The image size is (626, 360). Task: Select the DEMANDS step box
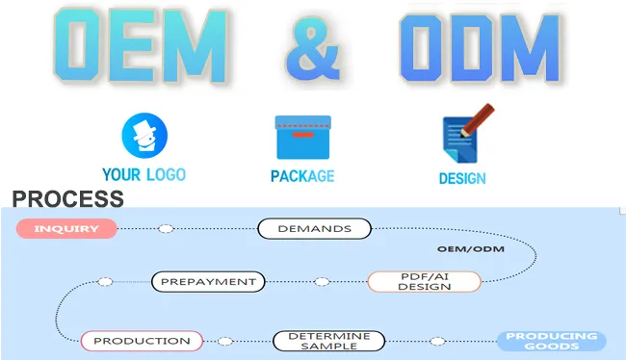pyautogui.click(x=314, y=229)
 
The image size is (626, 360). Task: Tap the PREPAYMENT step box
pyautogui.click(x=207, y=282)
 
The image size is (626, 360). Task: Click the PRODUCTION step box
pyautogui.click(x=142, y=341)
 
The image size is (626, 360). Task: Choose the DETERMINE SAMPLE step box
pyautogui.click(x=328, y=341)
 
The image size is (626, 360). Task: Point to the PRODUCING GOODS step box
pyautogui.click(x=552, y=341)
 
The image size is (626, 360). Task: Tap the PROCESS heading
pyautogui.click(x=67, y=199)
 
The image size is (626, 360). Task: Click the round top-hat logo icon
pyautogui.click(x=143, y=136)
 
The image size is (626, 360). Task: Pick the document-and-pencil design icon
pyautogui.click(x=461, y=137)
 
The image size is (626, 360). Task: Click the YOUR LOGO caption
pyautogui.click(x=143, y=175)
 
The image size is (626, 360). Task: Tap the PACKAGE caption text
pyautogui.click(x=302, y=176)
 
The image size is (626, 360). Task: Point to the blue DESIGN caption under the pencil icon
pyautogui.click(x=462, y=178)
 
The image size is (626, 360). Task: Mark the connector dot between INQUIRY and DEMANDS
pyautogui.click(x=166, y=229)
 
